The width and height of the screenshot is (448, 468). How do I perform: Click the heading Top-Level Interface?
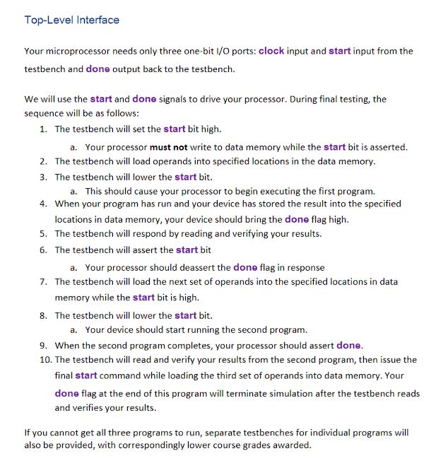(72, 20)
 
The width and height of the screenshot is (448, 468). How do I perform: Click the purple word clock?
(271, 51)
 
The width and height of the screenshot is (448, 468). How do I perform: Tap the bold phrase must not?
(168, 147)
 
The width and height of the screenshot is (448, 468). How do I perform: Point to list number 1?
(43, 129)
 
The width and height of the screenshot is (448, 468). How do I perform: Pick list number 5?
(43, 233)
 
